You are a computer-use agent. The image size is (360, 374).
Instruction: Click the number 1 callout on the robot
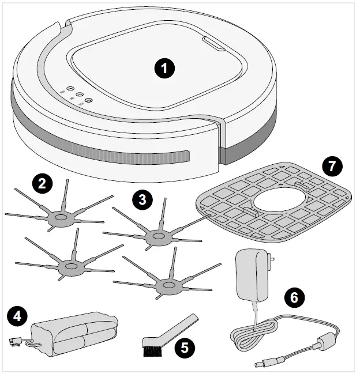pyautogui.click(x=166, y=69)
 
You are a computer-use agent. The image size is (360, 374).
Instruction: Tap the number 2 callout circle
pyautogui.click(x=43, y=184)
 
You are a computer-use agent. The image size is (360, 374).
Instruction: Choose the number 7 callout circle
pyautogui.click(x=332, y=166)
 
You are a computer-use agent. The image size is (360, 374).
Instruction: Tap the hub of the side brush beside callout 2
pyautogui.click(x=59, y=218)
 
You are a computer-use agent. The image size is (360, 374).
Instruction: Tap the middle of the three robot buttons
pyautogui.click(x=79, y=95)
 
